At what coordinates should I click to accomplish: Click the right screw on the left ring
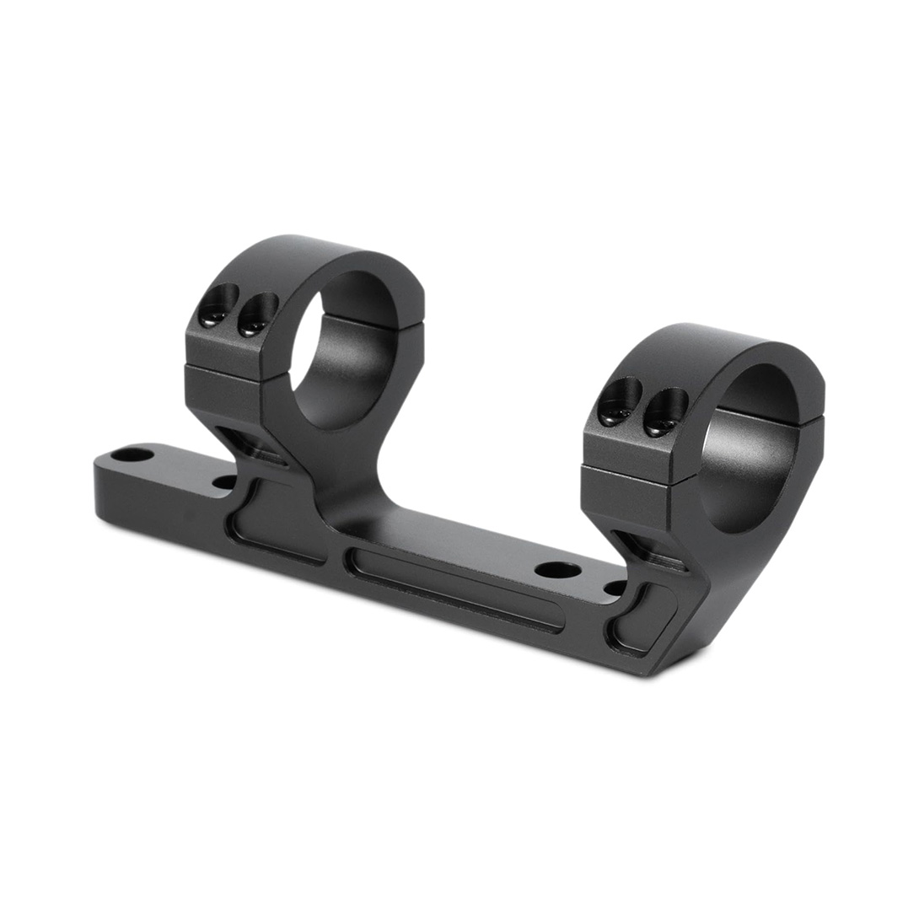[255, 315]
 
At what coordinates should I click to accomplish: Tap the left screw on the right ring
[619, 403]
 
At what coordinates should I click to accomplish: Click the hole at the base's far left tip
[132, 455]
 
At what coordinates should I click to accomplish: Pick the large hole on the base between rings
[557, 570]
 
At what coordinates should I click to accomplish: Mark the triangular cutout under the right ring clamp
[649, 549]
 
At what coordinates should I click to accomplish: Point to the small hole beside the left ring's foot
[224, 482]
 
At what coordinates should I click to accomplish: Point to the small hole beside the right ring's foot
[616, 588]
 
